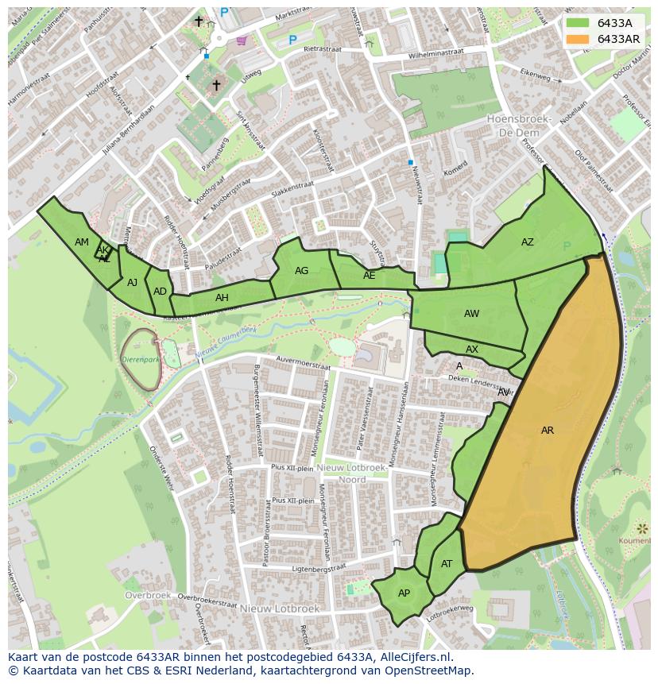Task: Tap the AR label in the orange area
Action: (x=548, y=431)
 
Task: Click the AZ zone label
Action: (x=528, y=242)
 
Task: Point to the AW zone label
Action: (x=472, y=314)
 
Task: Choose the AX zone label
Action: (x=472, y=350)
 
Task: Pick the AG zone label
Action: (x=301, y=271)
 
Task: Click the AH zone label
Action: (x=222, y=298)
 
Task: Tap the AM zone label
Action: (x=82, y=242)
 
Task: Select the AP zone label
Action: (x=404, y=593)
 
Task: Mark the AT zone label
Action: (x=447, y=564)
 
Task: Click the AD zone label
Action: (x=161, y=292)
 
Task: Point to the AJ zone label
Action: (x=132, y=283)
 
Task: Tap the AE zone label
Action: (x=369, y=276)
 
